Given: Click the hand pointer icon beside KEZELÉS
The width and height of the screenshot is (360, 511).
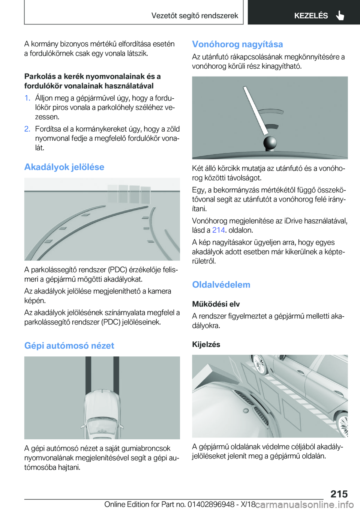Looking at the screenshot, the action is pos(340,15).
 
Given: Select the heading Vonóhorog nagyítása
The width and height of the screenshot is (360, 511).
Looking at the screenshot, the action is pos(237,44).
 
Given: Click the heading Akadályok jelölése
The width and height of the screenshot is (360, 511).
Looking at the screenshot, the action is pos(64,167).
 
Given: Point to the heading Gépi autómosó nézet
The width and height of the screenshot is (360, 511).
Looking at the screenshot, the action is pos(69,346).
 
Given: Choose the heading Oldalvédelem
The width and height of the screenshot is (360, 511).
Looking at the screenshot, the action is pos(221,285).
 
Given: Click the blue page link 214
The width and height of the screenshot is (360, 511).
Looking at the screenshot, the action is pos(219,230).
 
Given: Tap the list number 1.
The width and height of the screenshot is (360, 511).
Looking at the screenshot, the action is pos(27,98).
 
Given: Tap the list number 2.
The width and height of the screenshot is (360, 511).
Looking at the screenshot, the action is pos(27,129).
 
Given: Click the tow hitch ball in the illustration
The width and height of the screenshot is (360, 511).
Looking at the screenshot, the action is pos(270,143).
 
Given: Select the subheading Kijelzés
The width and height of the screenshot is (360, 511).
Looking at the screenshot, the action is pos(206,344).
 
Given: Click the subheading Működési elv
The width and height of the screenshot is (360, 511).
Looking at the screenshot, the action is pos(216,304).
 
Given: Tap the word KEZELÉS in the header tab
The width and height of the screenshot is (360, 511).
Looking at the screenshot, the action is pos(311,16).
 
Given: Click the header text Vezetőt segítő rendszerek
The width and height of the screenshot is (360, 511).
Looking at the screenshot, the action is pos(195,15).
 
